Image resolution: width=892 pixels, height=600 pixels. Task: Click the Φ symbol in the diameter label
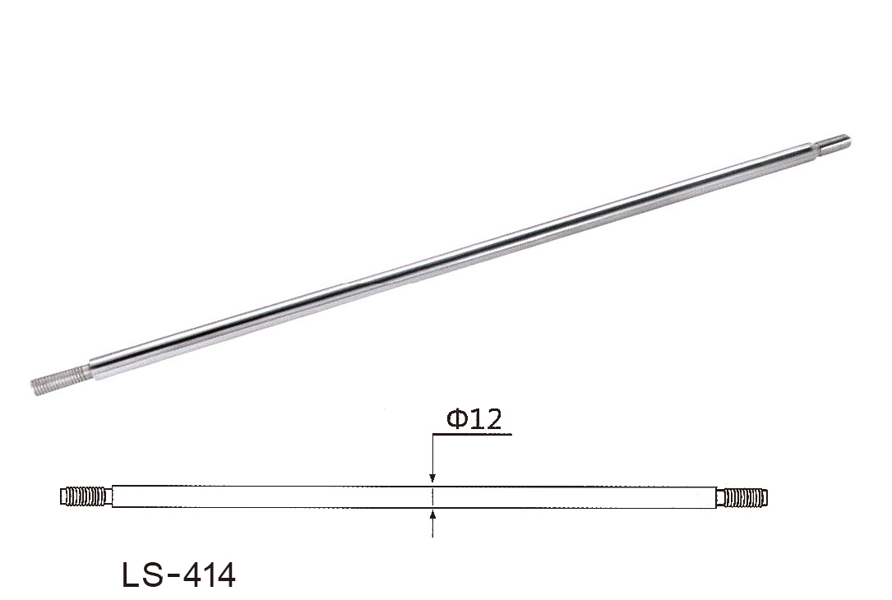[458, 419]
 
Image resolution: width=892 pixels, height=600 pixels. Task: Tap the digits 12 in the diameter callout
[486, 419]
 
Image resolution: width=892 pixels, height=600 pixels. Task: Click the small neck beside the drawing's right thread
[719, 497]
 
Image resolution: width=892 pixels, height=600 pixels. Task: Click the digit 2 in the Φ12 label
[493, 419]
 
